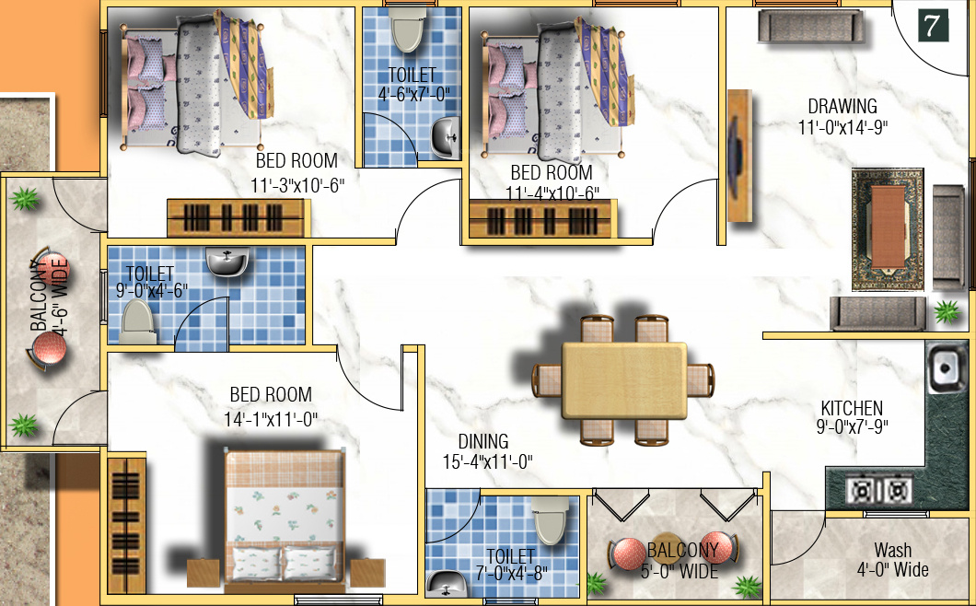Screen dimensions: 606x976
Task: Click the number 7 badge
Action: (x=934, y=26)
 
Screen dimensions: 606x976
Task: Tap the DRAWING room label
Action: (x=842, y=106)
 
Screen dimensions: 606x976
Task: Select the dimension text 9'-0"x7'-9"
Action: (x=853, y=426)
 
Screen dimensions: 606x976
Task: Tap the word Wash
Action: (x=892, y=550)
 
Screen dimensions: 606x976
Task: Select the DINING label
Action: (x=483, y=442)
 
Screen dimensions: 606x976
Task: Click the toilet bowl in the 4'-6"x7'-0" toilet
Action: (x=406, y=30)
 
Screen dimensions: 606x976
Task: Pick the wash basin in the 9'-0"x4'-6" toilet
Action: (x=226, y=262)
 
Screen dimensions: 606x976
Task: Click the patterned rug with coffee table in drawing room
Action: (x=887, y=227)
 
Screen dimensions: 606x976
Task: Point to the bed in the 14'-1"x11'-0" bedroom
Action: (x=285, y=516)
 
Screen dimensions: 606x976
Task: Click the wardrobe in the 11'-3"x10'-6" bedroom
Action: (x=234, y=218)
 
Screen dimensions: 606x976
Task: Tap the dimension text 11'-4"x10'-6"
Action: (x=552, y=192)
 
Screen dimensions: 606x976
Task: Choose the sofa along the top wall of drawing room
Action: (x=811, y=27)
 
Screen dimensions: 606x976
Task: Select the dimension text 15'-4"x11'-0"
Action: (x=487, y=461)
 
